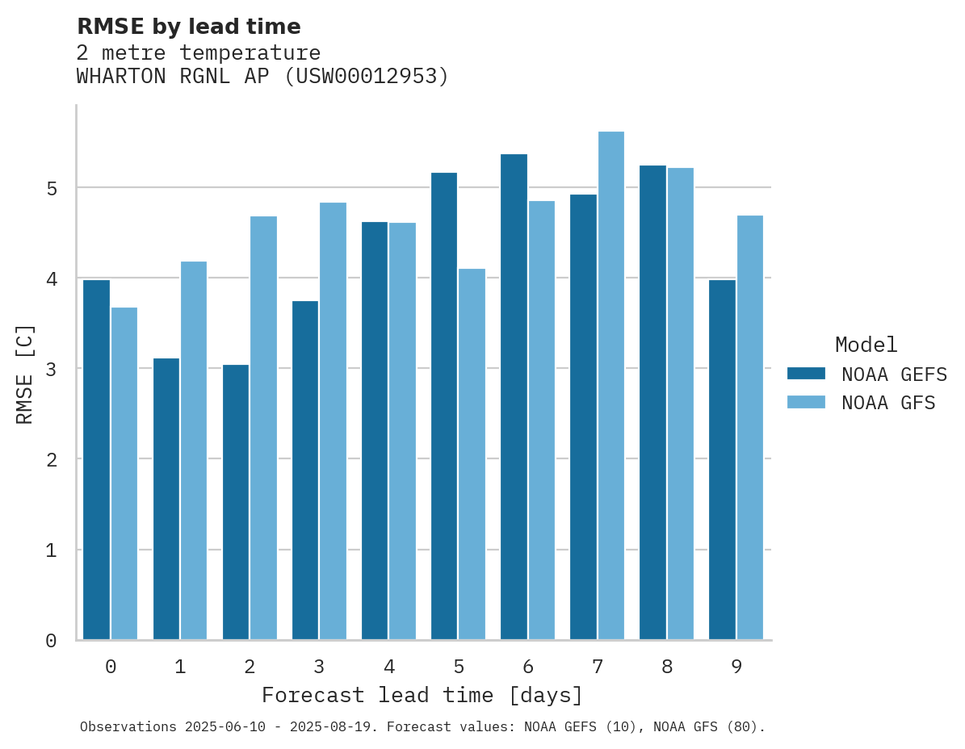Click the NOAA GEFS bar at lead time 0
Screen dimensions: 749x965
tap(97, 460)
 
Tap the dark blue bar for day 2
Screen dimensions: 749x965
tap(236, 502)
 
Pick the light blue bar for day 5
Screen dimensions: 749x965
tap(472, 454)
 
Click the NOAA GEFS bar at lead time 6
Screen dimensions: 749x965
tap(514, 397)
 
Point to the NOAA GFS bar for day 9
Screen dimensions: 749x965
tap(750, 428)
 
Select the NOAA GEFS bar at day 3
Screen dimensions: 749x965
tap(305, 471)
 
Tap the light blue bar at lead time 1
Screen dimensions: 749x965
tap(194, 450)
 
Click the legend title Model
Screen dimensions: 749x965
tap(866, 345)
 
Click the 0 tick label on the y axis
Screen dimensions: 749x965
tap(51, 641)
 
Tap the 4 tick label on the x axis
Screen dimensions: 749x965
tap(389, 667)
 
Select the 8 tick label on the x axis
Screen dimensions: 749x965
tap(667, 667)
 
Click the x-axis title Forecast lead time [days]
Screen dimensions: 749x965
tap(422, 695)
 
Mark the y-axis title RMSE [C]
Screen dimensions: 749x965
tap(26, 374)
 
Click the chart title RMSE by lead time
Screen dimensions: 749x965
tap(188, 27)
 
